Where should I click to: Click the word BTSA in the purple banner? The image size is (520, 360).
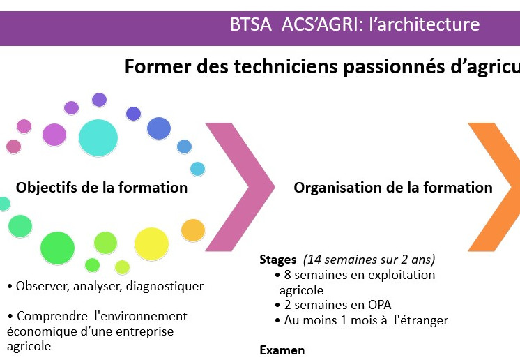(x=250, y=24)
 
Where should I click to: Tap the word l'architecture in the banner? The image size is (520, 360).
(x=425, y=24)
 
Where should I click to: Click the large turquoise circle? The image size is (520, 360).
(x=98, y=137)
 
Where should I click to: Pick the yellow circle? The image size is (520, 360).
(x=151, y=244)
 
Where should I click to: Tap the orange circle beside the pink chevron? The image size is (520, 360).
(x=193, y=230)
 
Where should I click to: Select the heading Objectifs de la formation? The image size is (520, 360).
(x=102, y=188)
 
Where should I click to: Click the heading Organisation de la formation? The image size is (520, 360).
(x=393, y=188)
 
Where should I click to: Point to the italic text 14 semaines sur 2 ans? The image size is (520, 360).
(x=369, y=260)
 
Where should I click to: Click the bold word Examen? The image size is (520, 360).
(x=282, y=350)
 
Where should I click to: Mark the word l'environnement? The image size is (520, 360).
(x=141, y=316)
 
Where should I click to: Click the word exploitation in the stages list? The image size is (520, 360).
(x=402, y=276)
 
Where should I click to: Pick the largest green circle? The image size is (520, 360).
(x=57, y=248)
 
